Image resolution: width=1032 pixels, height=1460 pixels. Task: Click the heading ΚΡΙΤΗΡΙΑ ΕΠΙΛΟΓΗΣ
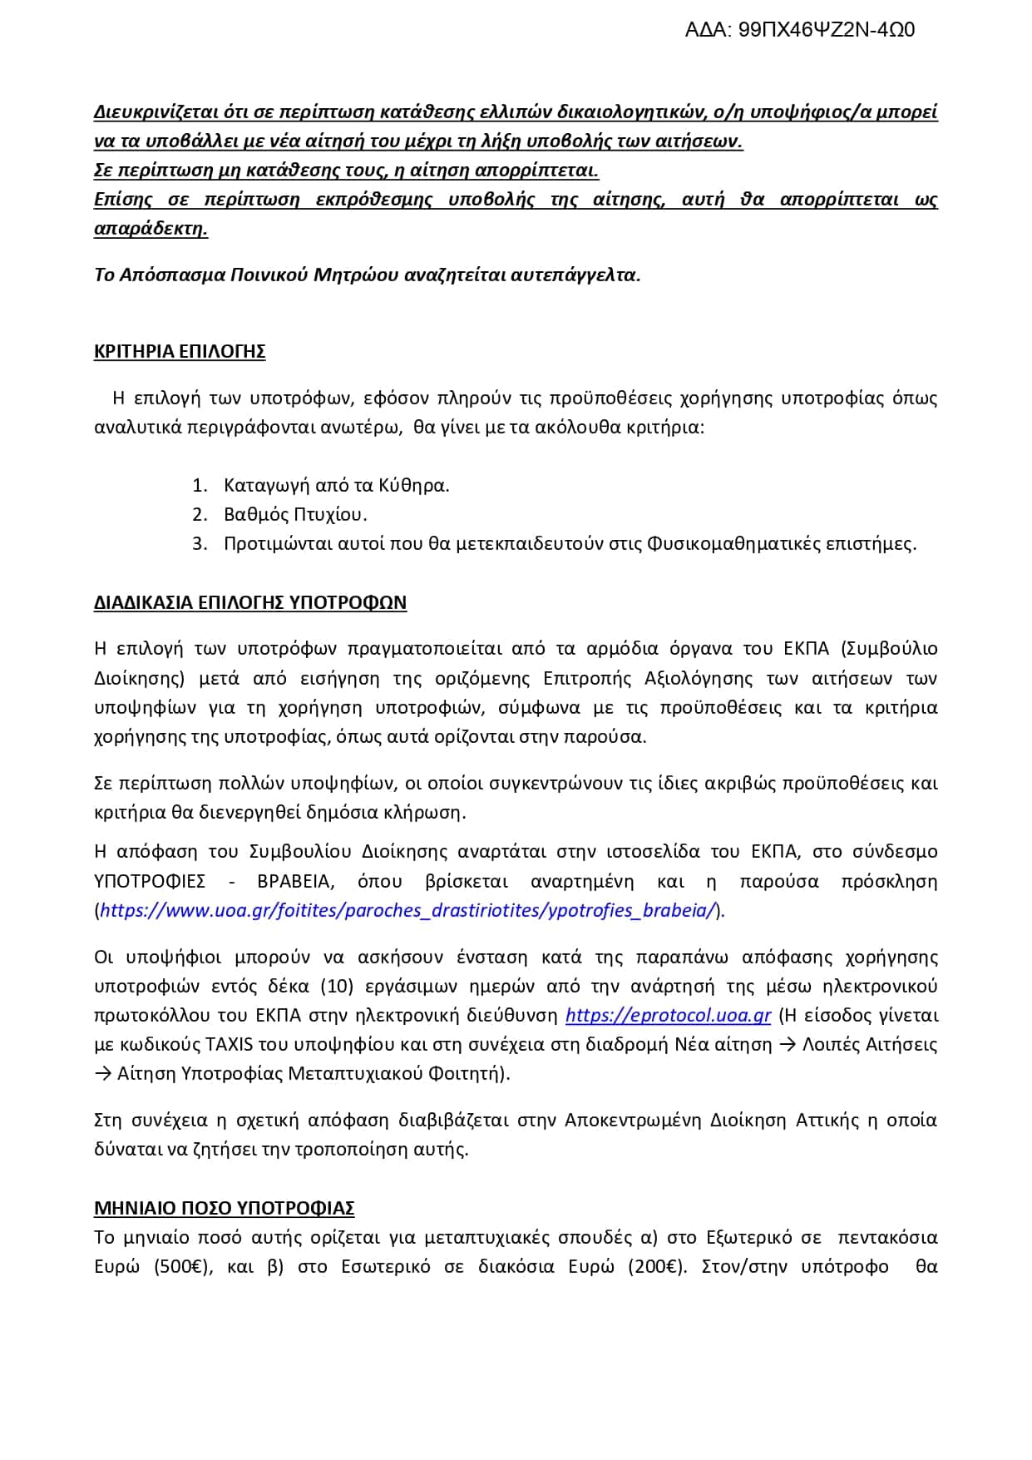[180, 352]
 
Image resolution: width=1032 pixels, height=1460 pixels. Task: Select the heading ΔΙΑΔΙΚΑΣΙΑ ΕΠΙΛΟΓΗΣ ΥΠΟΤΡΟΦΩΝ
[250, 603]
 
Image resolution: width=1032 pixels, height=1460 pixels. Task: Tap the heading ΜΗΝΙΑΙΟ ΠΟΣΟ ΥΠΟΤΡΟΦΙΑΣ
[225, 1208]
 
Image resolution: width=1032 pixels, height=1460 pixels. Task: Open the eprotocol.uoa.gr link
[669, 1016]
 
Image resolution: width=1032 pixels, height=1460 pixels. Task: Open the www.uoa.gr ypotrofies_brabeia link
[407, 911]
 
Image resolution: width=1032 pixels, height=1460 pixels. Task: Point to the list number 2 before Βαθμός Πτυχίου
[199, 515]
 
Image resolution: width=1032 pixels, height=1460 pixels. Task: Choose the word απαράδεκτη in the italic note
[151, 229]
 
